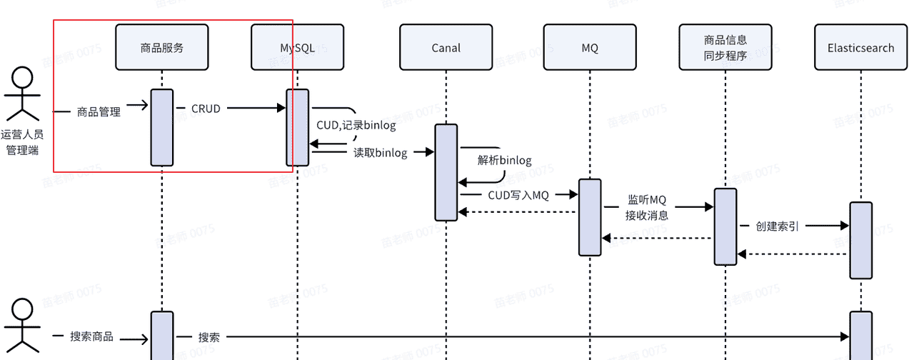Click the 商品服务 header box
(162, 48)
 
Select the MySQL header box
(297, 48)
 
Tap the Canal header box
(446, 48)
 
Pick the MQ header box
(590, 48)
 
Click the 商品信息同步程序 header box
(725, 48)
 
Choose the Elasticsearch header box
(860, 48)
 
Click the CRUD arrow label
(206, 109)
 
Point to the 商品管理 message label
(99, 111)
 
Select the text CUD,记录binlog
(355, 126)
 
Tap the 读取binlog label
(380, 152)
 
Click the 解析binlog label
(505, 160)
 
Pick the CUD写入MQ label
(518, 194)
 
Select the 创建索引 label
(777, 226)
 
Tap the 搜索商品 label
(91, 336)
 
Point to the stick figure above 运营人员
(23, 94)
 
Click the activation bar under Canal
(446, 172)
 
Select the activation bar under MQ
(590, 216)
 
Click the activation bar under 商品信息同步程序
(725, 226)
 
